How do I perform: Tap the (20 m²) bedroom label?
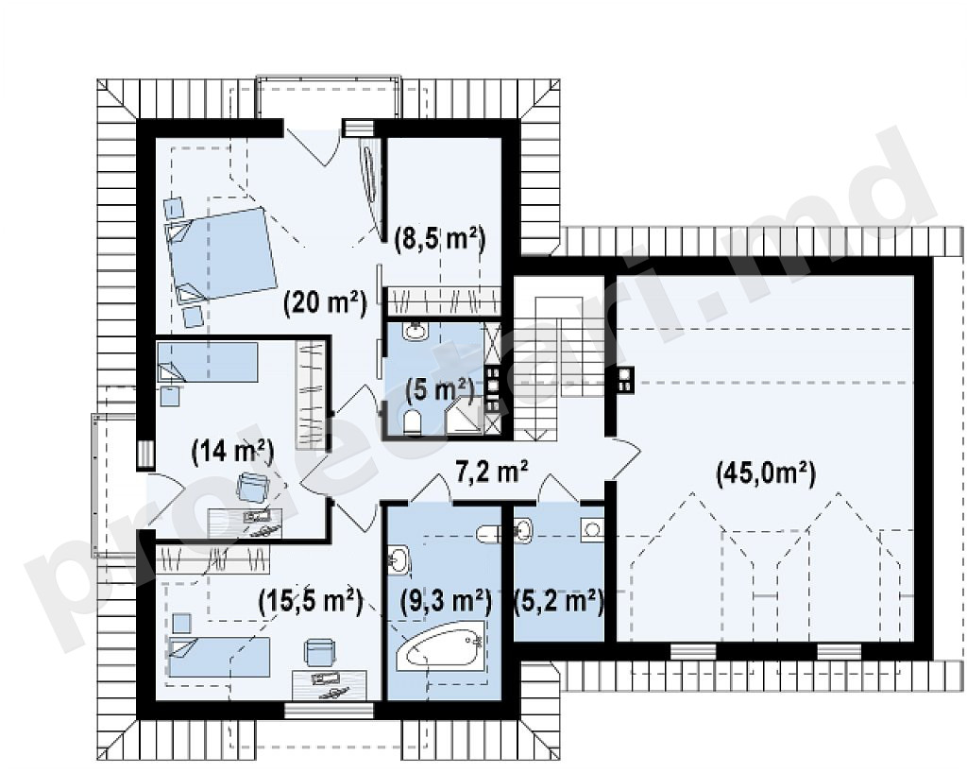click(325, 303)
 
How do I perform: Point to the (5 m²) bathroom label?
click(439, 390)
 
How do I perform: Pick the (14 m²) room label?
click(232, 452)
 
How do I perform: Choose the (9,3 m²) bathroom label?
click(446, 600)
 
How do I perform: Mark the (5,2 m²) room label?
click(559, 600)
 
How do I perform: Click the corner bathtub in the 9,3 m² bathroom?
click(440, 644)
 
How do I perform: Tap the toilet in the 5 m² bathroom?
click(412, 422)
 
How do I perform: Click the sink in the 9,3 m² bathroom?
click(399, 559)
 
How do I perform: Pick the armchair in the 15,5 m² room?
click(319, 653)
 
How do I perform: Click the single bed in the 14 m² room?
click(207, 362)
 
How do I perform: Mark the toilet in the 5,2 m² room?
click(489, 534)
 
